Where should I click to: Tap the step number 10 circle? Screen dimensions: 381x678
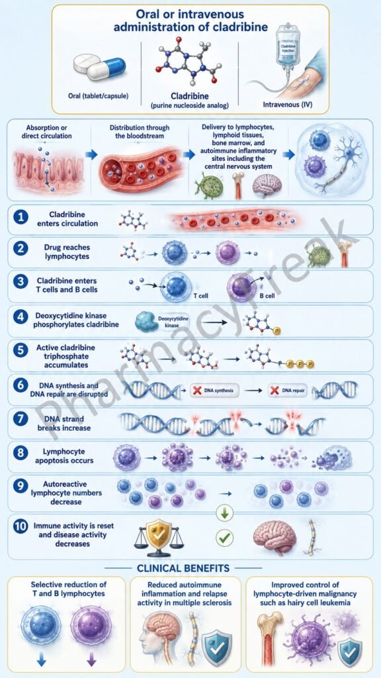pos(21,528)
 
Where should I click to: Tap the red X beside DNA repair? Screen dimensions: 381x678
pos(274,391)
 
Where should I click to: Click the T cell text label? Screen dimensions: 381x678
pos(196,297)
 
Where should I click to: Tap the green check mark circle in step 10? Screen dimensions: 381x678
pos(225,538)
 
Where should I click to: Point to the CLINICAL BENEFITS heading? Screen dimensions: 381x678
pos(183,567)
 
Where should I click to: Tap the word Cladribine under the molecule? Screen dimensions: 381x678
pos(190,97)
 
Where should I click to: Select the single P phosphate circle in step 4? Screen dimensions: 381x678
pos(277,331)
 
